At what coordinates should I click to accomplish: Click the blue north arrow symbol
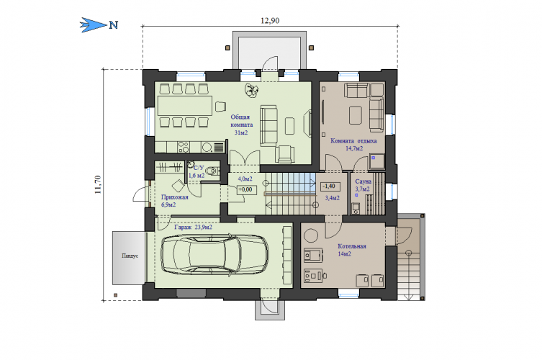click(x=94, y=25)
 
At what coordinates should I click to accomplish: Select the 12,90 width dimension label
click(x=270, y=21)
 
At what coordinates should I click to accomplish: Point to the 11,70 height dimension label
click(x=98, y=184)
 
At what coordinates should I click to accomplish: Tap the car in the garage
click(x=214, y=255)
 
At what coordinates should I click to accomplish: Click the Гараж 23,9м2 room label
click(x=193, y=228)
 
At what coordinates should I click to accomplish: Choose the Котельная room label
click(x=351, y=246)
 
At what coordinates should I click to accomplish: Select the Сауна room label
click(x=363, y=181)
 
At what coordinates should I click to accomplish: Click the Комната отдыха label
click(x=353, y=140)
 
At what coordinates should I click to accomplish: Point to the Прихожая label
click(x=175, y=197)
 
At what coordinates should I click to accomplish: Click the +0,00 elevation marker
click(x=246, y=189)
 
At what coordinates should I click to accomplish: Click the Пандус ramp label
click(x=130, y=256)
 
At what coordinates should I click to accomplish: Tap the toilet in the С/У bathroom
click(x=212, y=171)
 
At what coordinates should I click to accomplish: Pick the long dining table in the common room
click(x=184, y=106)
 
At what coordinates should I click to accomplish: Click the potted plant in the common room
click(x=252, y=89)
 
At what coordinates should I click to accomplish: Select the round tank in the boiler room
click(x=310, y=235)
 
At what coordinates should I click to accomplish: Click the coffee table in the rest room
click(x=356, y=114)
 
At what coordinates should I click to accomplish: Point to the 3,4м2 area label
click(x=333, y=198)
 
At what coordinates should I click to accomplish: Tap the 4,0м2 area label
click(x=245, y=179)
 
